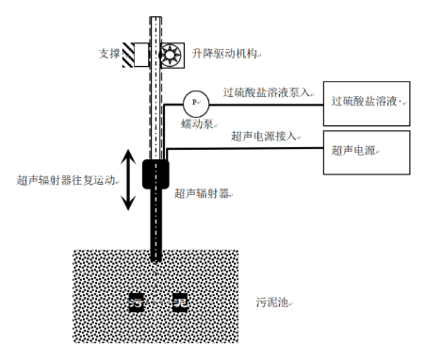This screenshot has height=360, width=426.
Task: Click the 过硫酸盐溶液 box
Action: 368,99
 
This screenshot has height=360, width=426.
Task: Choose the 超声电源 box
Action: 368,152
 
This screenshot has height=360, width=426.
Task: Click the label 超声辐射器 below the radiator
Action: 203,193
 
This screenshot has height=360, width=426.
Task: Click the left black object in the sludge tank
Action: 139,303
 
